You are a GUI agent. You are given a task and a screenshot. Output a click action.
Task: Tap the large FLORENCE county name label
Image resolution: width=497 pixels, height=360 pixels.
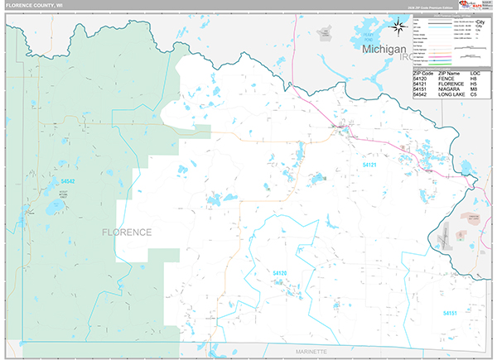[128, 232]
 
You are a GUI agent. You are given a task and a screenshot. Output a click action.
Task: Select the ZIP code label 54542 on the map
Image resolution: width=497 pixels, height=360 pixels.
[68, 181]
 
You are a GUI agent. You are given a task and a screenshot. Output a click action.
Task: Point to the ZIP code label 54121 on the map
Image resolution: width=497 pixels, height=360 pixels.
[369, 166]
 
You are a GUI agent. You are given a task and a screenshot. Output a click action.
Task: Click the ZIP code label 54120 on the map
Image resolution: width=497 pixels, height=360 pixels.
[280, 272]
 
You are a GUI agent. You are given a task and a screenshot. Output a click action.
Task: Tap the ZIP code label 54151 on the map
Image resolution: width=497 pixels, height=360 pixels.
[450, 313]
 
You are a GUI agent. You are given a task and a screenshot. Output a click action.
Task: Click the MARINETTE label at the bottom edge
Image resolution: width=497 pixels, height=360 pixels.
[312, 352]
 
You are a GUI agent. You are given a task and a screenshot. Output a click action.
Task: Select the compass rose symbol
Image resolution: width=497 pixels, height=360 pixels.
[399, 29]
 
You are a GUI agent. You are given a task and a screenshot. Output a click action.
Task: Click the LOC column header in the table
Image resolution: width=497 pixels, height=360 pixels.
[475, 73]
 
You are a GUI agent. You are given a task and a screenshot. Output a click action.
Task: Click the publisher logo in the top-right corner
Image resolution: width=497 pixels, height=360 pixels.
[479, 7]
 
